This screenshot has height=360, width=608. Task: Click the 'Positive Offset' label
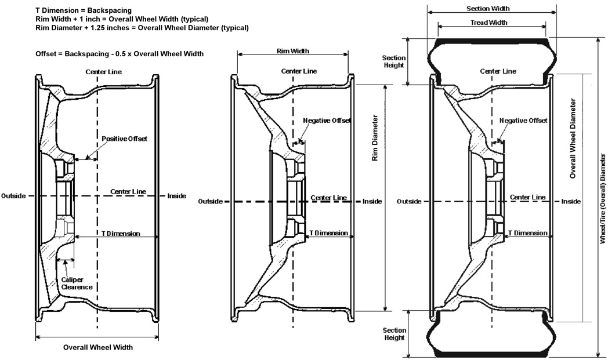[x=125, y=139]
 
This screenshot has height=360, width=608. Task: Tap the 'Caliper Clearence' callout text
[x=77, y=283]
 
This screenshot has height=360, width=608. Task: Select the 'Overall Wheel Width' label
[x=98, y=347]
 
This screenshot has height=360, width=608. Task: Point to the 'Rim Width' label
[x=293, y=51]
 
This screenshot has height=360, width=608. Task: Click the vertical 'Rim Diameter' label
[x=375, y=137]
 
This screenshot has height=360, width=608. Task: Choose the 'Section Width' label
[x=488, y=9]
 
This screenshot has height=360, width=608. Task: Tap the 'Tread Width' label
[x=488, y=23]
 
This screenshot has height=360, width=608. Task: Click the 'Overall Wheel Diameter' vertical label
[x=573, y=139]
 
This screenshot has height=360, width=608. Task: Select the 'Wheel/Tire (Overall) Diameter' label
[x=603, y=199]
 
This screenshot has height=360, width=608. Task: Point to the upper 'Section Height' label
[x=394, y=61]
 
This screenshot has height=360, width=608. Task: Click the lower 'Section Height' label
[x=395, y=334]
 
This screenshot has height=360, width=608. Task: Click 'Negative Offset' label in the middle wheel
[x=327, y=121]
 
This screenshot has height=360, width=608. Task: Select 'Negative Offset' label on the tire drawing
[x=523, y=121]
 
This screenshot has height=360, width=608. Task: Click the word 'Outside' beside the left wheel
[x=13, y=196]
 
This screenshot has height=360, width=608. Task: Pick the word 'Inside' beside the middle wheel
[x=372, y=201]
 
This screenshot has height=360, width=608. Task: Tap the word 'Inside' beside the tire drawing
[x=571, y=201]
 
